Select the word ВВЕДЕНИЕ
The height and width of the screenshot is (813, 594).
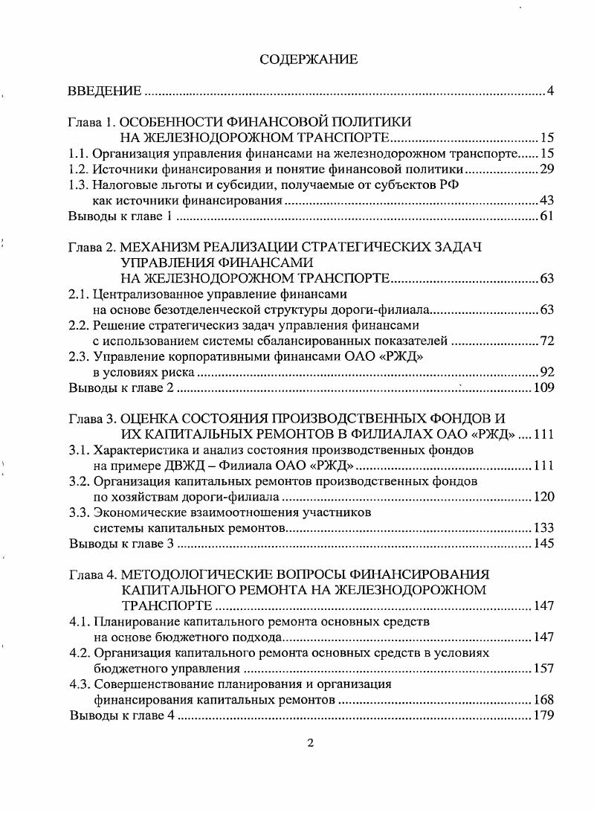(x=104, y=92)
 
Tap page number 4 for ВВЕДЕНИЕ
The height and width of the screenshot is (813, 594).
(x=551, y=92)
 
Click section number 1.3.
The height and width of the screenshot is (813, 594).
(x=78, y=186)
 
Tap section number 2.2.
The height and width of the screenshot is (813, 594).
(x=78, y=326)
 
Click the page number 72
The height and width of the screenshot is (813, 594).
(x=547, y=341)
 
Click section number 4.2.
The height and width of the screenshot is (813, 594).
(x=78, y=652)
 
